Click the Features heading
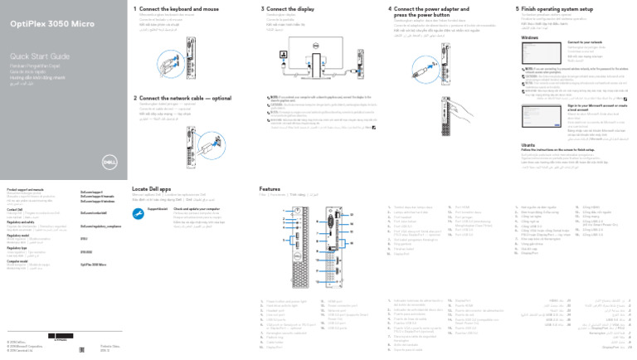(270, 189)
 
